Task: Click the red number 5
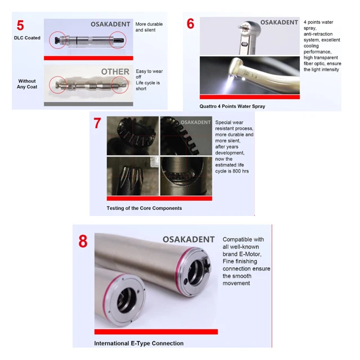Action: coord(20,25)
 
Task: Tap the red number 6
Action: coord(190,24)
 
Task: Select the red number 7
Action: coord(97,123)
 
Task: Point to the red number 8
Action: coord(83,241)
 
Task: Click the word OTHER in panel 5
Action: coord(115,71)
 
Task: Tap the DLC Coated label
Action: coord(27,38)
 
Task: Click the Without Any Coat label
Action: coord(27,84)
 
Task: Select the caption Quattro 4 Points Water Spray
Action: coord(232,106)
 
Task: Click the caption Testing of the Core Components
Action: coord(144,208)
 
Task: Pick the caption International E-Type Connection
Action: coord(139,343)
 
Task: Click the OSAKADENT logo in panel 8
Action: coord(188,240)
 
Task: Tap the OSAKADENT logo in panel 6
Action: coord(279,22)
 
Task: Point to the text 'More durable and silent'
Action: coord(149,27)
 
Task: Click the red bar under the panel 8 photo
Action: coord(156,331)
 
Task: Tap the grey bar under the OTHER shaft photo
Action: coord(88,104)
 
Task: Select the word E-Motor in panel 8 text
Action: coord(250,254)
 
